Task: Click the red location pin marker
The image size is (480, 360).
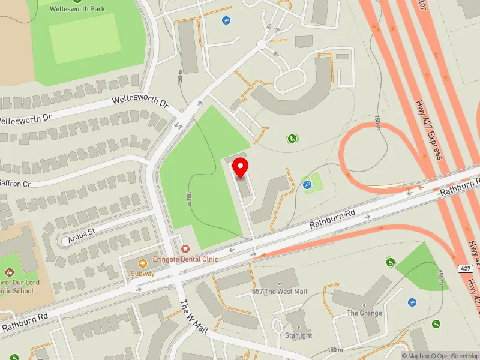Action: (241, 167)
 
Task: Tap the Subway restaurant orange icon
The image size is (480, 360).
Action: (143, 263)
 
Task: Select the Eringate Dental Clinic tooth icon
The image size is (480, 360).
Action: (185, 248)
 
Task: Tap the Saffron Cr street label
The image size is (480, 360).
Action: (14, 183)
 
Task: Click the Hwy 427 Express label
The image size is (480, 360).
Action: (428, 128)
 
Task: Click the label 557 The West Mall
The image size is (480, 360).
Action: (279, 292)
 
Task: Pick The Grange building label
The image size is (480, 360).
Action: (364, 313)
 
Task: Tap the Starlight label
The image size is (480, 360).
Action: (298, 335)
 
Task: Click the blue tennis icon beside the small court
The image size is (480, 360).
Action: (307, 184)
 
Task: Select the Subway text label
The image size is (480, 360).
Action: (142, 274)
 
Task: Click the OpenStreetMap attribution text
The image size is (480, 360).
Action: (456, 356)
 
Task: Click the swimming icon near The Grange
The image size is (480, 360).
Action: (412, 302)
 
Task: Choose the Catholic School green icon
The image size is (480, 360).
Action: (13, 274)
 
